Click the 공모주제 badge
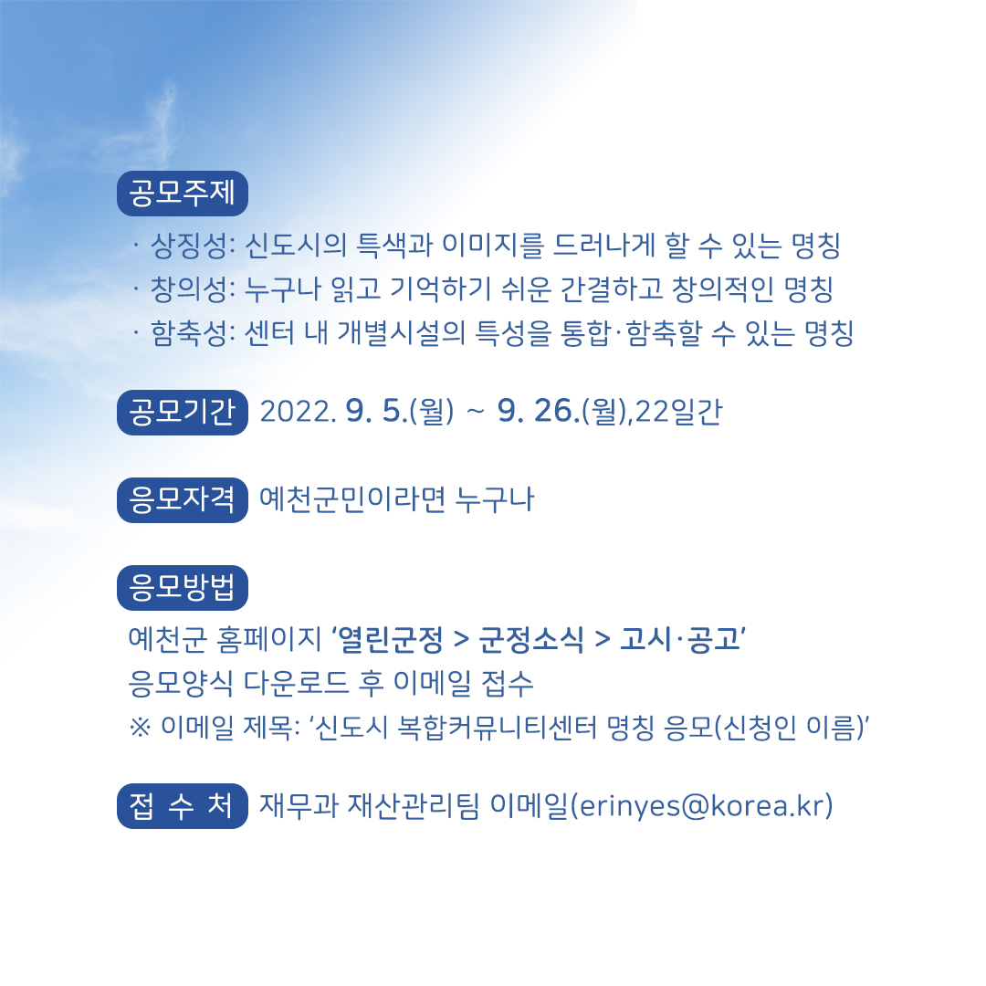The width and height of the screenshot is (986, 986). point(183,193)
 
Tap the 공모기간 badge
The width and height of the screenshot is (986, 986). point(183,412)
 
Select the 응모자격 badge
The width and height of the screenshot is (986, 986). point(183,500)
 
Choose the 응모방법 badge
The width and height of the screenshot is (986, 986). point(183,587)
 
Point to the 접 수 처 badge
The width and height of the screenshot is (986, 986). point(183,805)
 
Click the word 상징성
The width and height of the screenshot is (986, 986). point(189,246)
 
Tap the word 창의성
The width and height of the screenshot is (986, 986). point(189,288)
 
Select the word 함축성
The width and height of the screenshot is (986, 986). point(189,332)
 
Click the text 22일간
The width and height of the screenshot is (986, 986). point(679,412)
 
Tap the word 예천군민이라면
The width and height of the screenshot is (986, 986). point(352,500)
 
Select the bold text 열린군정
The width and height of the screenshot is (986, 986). point(391,639)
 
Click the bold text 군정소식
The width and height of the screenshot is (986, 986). point(530,639)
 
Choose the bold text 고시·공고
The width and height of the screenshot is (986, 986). point(680,639)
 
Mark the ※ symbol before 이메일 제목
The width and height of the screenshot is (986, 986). point(140,728)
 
